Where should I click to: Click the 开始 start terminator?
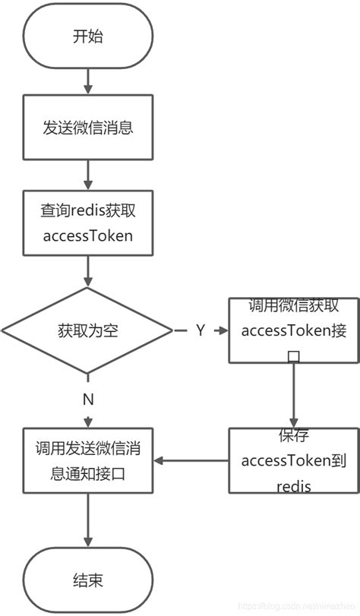coord(88,36)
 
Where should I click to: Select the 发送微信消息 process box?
coord(88,127)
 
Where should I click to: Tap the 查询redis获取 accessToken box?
coord(88,223)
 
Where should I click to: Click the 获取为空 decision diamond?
coord(88,330)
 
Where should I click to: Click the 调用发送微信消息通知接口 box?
coord(88,460)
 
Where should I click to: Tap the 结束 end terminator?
coord(88,581)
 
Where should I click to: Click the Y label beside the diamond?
coord(201,330)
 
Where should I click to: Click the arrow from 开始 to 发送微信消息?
coord(88,80)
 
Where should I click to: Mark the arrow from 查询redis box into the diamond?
coord(88,271)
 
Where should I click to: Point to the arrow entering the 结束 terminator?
coord(88,524)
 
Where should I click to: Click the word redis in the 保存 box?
coord(293,485)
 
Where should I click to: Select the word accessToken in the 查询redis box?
coord(88,235)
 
